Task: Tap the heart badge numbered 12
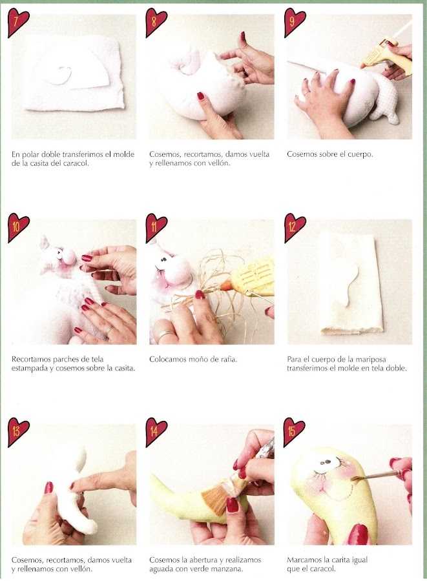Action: (x=295, y=227)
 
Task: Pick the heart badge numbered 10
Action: (x=18, y=227)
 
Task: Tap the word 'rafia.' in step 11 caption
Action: (x=227, y=359)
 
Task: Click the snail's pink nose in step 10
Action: (x=67, y=255)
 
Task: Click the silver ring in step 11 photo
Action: (x=164, y=335)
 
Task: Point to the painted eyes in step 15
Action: (x=327, y=462)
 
